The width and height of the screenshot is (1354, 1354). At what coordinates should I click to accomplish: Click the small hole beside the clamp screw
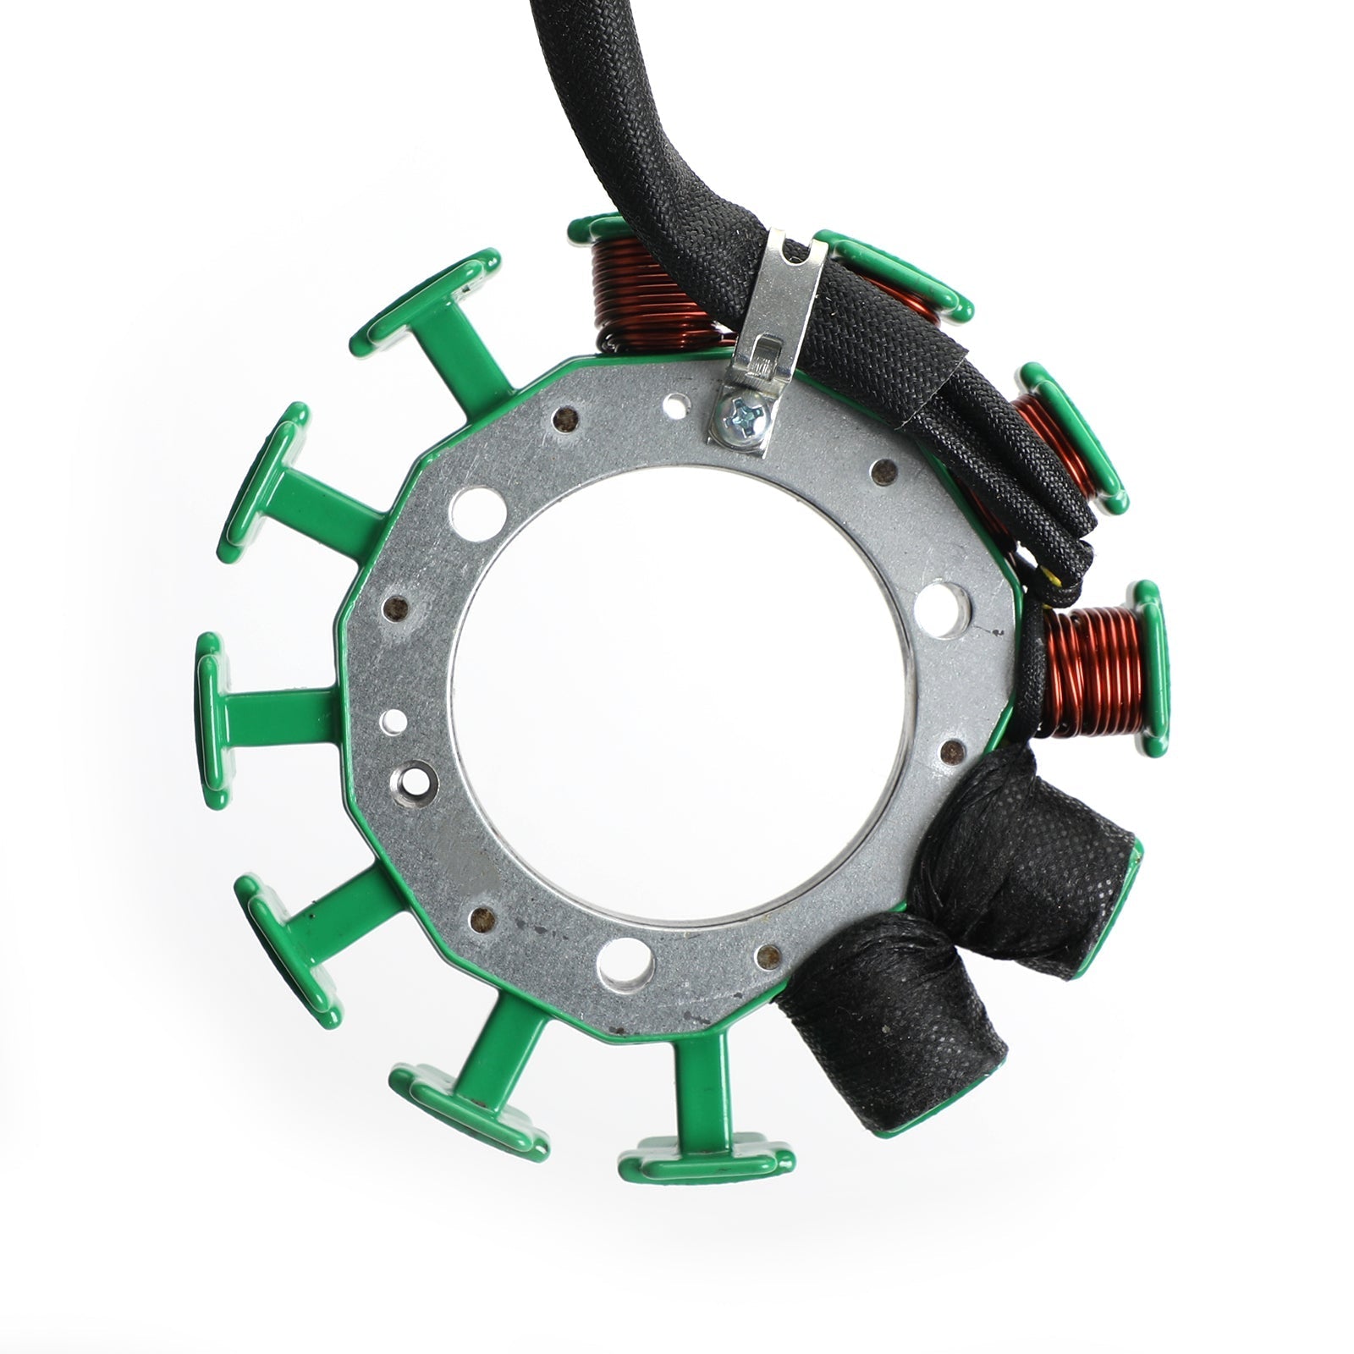[x=674, y=405]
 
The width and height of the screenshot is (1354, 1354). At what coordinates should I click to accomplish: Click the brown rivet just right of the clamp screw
[x=883, y=471]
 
